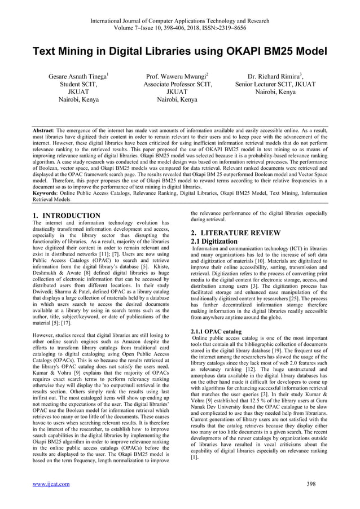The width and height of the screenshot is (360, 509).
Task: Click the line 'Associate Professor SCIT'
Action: coord(179,85)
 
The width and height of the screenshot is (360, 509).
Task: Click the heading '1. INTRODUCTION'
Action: coord(67,216)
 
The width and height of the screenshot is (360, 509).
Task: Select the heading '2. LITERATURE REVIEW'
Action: coord(235,232)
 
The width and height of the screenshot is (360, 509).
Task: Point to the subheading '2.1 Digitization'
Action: coord(214,242)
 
